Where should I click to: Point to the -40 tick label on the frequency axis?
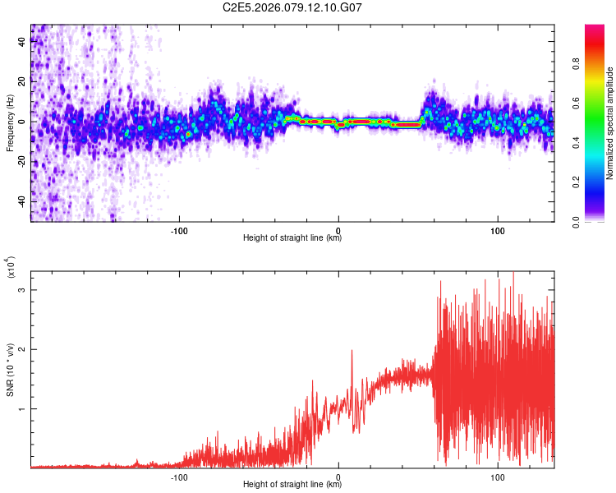coord(22,201)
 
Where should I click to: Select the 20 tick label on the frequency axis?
coord(22,81)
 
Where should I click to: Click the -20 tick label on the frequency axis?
coord(22,161)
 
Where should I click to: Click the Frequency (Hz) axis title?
coord(10,122)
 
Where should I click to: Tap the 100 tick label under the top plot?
coord(498,229)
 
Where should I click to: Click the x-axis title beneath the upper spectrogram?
coord(292,238)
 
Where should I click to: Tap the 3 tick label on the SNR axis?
coord(22,290)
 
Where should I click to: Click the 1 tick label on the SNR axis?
coord(22,408)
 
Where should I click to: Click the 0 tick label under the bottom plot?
coord(339,476)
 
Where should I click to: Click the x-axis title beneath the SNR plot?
coord(292,485)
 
